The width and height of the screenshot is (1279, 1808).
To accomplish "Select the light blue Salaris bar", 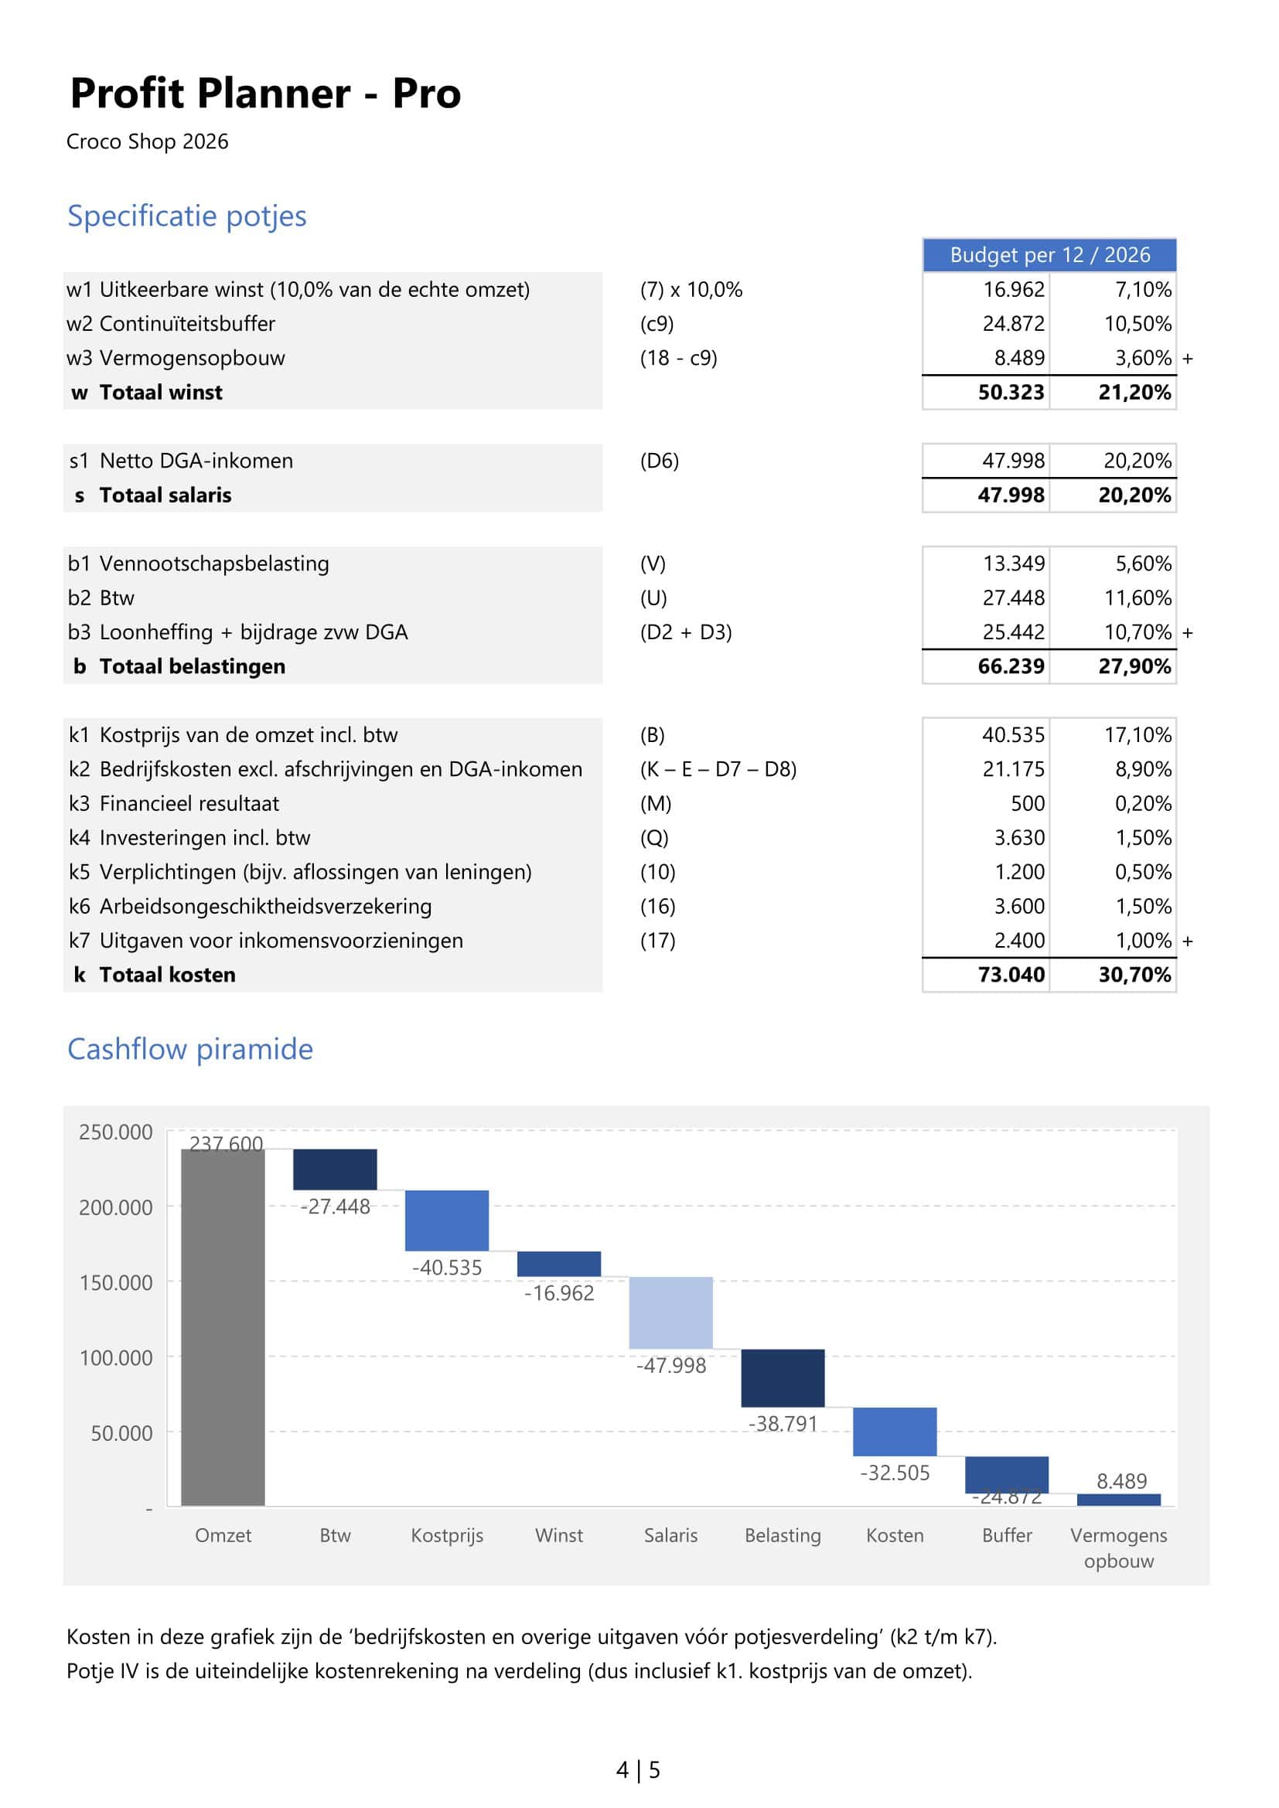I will [x=670, y=1313].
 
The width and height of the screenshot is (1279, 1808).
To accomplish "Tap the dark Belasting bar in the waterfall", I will [x=782, y=1378].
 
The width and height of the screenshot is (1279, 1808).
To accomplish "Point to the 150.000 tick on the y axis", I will [x=116, y=1283].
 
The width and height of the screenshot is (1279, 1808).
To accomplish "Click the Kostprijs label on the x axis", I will [x=446, y=1536].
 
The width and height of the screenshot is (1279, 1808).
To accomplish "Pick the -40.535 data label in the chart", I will [x=446, y=1268].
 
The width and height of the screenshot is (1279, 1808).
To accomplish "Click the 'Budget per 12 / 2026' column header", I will [x=1049, y=255].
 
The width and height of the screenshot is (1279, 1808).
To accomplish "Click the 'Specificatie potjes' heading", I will [x=186, y=216].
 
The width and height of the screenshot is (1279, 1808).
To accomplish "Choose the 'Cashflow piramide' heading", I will [x=189, y=1049].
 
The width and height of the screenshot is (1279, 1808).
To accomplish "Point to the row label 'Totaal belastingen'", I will [x=193, y=666].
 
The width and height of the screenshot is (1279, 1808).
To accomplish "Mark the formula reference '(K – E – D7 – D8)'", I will [x=718, y=769].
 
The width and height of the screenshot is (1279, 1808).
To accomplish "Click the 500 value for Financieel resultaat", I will [x=1028, y=803].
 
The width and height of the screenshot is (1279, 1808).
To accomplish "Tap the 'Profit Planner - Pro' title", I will [x=265, y=94].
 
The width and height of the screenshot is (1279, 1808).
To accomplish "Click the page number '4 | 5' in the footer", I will [x=638, y=1770].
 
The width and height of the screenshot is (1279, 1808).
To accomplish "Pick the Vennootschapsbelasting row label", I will [x=213, y=564].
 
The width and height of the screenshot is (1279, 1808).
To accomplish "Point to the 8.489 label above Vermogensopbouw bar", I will [x=1120, y=1481].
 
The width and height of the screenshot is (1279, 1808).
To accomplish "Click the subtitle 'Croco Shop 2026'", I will [x=147, y=141].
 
